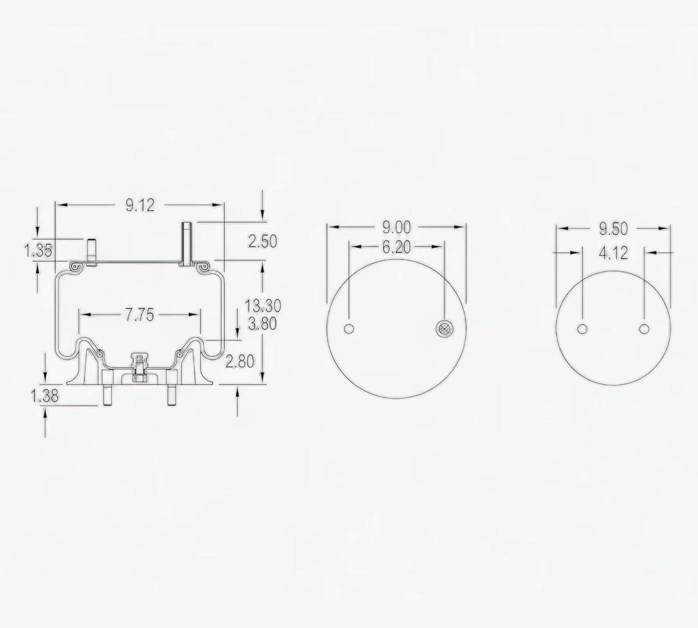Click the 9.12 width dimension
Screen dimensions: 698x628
pos(140,205)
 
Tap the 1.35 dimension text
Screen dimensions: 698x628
pos(38,251)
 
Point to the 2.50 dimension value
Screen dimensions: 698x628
pos(262,241)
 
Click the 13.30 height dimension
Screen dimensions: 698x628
pos(263,306)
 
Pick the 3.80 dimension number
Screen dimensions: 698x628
pos(262,324)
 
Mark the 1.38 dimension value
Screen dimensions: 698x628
pos(45,396)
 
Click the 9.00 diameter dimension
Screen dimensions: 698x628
pos(396,227)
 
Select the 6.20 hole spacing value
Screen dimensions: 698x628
pos(396,247)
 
